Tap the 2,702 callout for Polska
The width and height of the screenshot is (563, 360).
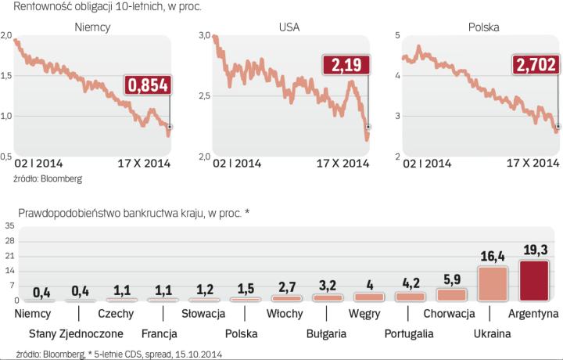coord(536,66)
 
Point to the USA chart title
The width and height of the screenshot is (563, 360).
coord(289,27)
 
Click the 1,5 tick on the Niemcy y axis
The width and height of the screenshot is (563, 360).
coord(8,76)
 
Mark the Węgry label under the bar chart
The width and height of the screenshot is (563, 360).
coord(364,314)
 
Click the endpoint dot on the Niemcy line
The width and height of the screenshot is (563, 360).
coord(170,126)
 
